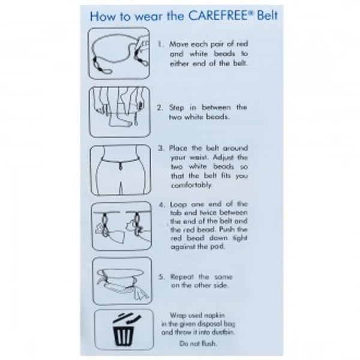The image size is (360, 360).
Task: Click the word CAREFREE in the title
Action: click(x=219, y=16)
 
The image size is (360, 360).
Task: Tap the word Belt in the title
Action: click(x=268, y=16)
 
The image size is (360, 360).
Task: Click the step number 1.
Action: click(x=161, y=44)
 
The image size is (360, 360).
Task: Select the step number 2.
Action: click(x=160, y=107)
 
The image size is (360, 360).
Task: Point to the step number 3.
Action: click(x=161, y=148)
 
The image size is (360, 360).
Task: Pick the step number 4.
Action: click(x=162, y=205)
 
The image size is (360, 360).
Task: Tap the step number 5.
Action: click(x=161, y=277)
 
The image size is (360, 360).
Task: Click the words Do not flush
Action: click(x=198, y=344)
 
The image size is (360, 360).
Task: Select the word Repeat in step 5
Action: click(x=182, y=277)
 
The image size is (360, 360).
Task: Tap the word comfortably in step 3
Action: click(x=191, y=185)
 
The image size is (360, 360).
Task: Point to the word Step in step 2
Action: click(x=176, y=108)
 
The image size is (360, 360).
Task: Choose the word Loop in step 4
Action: click(x=178, y=205)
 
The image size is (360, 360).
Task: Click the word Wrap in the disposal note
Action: click(x=177, y=316)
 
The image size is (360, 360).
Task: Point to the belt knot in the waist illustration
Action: click(x=121, y=166)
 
